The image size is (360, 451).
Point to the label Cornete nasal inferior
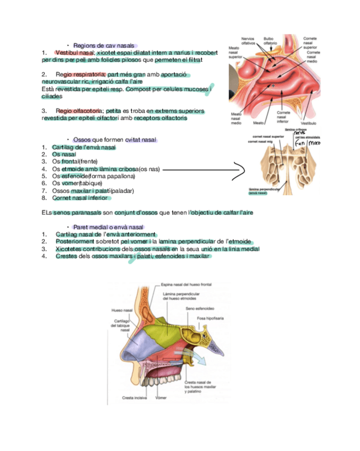[283, 117]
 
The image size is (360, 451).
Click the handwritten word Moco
[315, 143]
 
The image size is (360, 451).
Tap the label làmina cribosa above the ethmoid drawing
[296, 129]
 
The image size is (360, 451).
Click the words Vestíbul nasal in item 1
[74, 53]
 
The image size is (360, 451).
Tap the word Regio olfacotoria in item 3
[79, 111]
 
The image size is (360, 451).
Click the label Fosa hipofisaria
[211, 318]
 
